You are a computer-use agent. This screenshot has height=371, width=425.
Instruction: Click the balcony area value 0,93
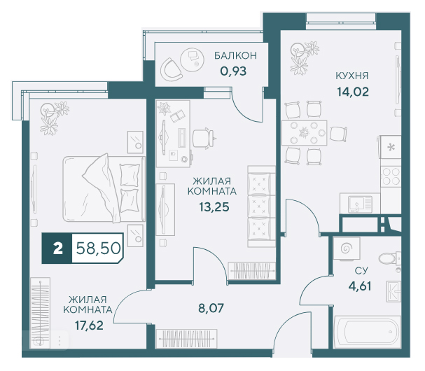[x=233, y=71]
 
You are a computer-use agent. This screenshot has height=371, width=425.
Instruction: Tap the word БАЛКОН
[x=235, y=55]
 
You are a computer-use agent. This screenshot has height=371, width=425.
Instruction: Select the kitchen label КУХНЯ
[x=352, y=76]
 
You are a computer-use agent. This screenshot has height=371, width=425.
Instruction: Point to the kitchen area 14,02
[x=353, y=92]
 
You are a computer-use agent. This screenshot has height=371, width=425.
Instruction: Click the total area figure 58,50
[x=98, y=248]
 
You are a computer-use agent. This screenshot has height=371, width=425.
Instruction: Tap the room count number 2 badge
[x=57, y=248]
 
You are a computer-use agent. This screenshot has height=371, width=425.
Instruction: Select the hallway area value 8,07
[x=211, y=308]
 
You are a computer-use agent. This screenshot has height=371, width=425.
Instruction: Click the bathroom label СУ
[x=361, y=270]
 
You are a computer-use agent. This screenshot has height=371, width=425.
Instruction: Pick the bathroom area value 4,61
[x=360, y=286]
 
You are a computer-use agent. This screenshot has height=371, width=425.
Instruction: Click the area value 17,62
[x=89, y=325]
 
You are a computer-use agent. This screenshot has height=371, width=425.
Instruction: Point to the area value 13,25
[x=214, y=207]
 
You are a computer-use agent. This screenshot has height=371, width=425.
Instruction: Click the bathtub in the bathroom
[x=367, y=332]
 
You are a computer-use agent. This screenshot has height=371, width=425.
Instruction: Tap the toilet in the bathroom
[x=389, y=258]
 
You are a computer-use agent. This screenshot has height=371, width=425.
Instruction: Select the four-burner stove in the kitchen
[x=391, y=176]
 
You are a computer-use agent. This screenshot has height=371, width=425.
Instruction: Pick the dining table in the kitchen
[x=304, y=133]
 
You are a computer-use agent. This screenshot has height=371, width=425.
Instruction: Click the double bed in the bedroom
[x=104, y=188]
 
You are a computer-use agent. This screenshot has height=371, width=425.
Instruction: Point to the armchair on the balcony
[x=170, y=69]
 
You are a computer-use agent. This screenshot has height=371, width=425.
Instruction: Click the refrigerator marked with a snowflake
[x=390, y=147]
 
